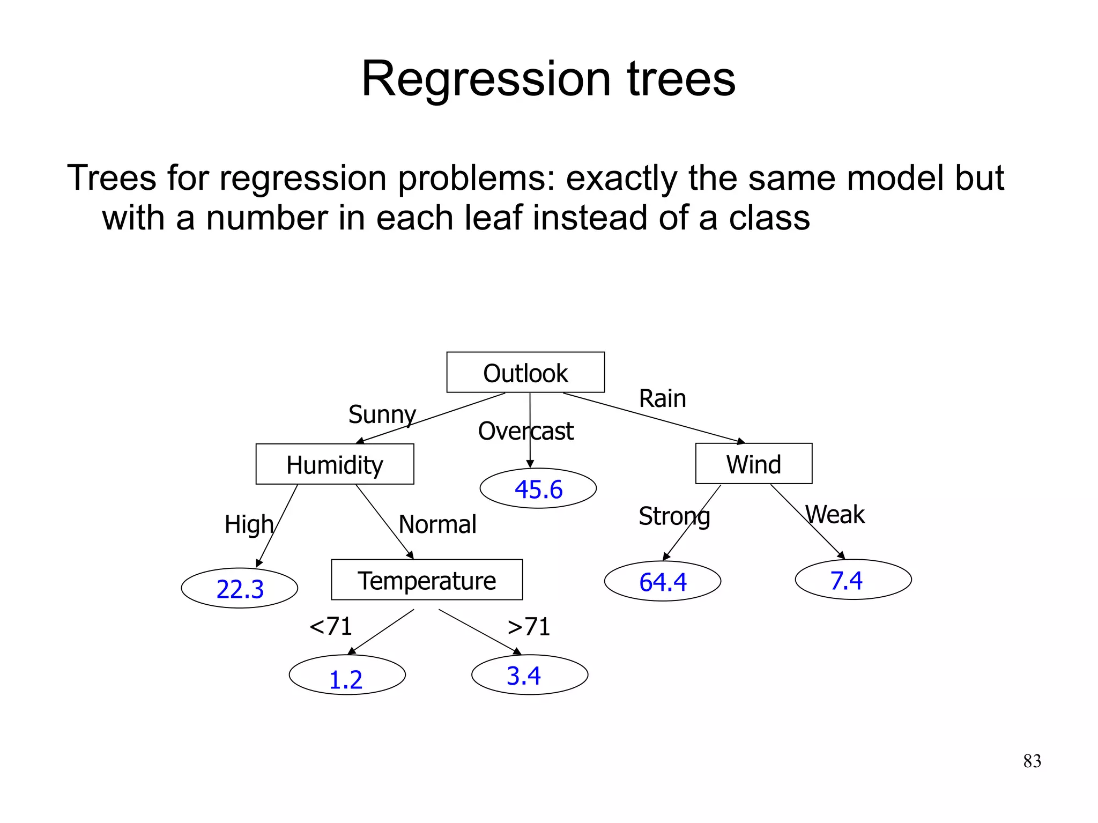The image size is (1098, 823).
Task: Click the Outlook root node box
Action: click(x=525, y=372)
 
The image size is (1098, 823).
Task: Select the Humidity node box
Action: click(x=335, y=464)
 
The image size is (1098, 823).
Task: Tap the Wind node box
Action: click(x=753, y=463)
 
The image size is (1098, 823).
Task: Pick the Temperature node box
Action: click(x=427, y=580)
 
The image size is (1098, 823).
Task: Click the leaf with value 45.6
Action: click(x=538, y=488)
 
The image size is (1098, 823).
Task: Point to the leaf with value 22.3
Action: click(x=240, y=588)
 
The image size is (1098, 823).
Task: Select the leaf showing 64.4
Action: click(x=662, y=581)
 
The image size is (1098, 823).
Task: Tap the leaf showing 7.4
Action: click(x=852, y=580)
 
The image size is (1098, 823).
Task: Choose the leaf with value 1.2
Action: click(x=347, y=675)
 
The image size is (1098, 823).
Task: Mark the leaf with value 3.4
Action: click(x=529, y=674)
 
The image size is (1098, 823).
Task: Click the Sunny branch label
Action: click(x=382, y=414)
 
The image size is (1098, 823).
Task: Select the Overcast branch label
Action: click(x=525, y=431)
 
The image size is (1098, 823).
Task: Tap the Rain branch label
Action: click(x=662, y=398)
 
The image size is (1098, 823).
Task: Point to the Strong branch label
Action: click(x=674, y=516)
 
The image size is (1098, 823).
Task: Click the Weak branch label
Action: click(x=835, y=515)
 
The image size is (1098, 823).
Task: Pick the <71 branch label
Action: click(x=331, y=626)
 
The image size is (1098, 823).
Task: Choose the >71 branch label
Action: click(x=529, y=626)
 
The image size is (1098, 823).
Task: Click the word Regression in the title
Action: click(x=486, y=79)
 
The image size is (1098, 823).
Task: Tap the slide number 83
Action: click(x=1032, y=761)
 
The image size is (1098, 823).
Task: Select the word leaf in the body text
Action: click(x=493, y=218)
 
